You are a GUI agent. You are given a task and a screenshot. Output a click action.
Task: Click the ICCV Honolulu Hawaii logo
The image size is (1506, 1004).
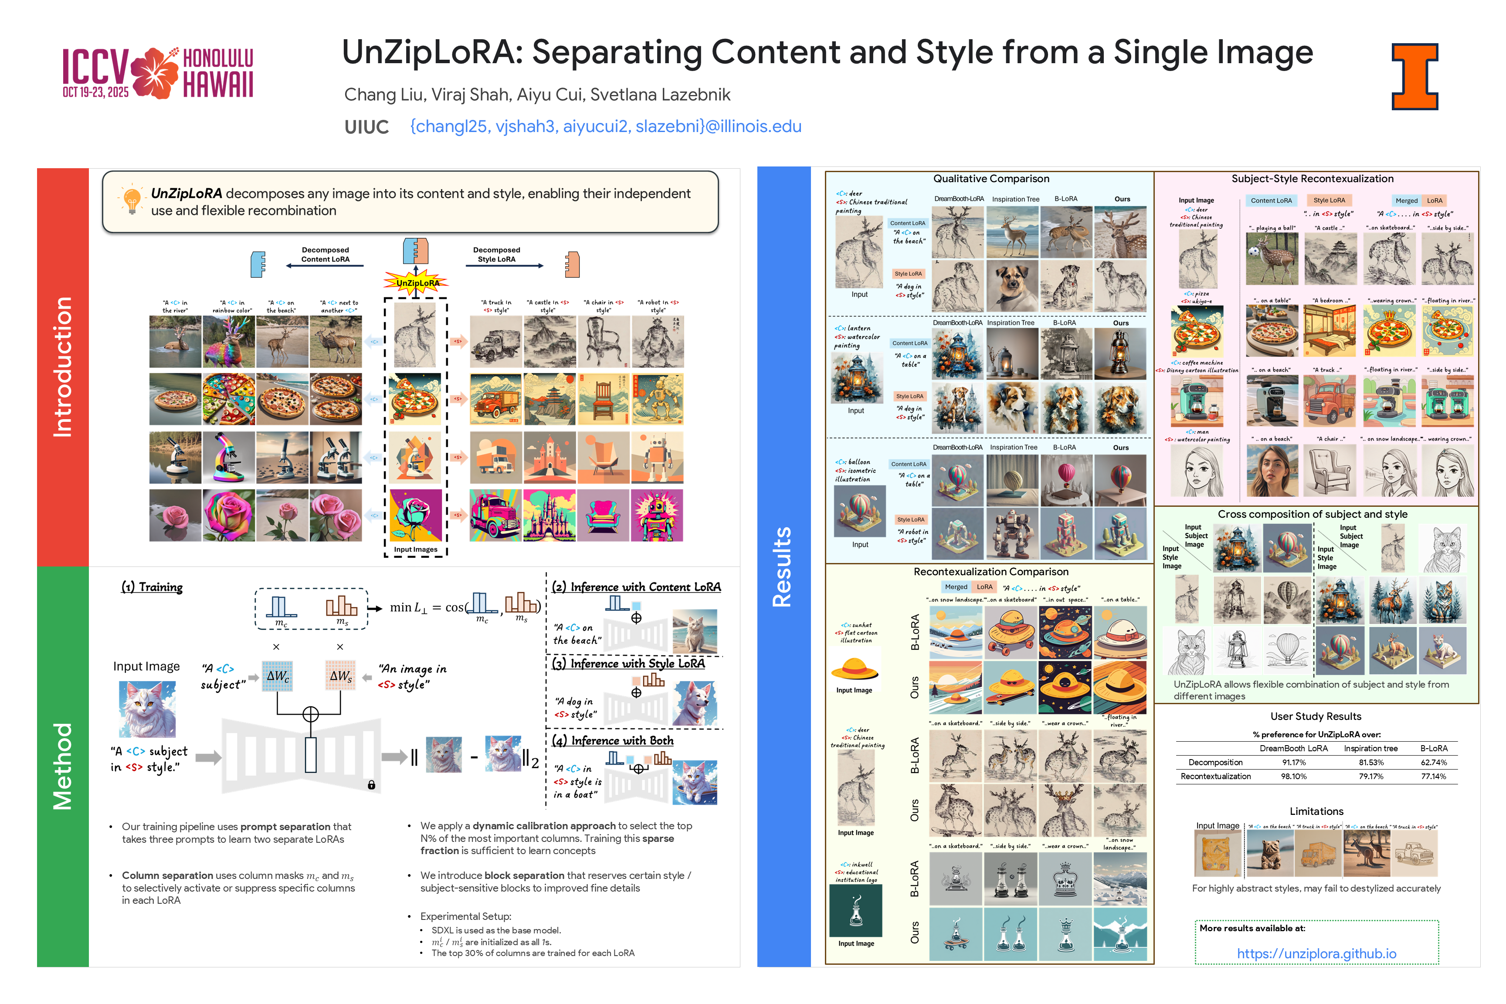(157, 73)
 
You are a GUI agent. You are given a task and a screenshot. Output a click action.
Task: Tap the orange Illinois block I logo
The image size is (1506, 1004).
(1414, 76)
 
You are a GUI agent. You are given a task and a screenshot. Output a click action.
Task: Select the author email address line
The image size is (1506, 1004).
(605, 126)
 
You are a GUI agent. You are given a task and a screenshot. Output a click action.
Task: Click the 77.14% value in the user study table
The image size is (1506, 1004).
(1434, 777)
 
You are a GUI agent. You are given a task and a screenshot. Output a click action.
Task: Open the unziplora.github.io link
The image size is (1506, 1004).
(1316, 953)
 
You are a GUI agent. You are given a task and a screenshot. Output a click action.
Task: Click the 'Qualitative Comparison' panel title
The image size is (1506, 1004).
(990, 179)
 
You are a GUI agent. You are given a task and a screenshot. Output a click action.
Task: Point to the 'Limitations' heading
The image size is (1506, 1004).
(1316, 811)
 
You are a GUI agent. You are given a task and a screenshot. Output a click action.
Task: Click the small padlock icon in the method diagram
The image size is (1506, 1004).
(371, 785)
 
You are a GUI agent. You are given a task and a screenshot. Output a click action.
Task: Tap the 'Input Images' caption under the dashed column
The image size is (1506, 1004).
(416, 549)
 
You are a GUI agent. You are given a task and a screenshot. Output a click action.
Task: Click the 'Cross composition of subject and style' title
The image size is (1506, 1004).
(1312, 514)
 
